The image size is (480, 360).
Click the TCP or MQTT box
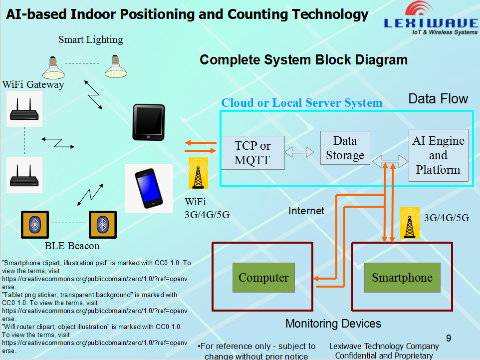253,153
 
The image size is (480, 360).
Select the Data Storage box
345,148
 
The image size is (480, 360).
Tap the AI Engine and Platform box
439,155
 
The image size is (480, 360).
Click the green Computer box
263,277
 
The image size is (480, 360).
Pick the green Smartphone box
402,277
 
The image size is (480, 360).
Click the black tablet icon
149,122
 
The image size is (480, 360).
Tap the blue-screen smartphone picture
149,188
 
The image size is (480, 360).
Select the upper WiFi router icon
24,109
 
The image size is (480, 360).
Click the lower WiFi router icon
24,175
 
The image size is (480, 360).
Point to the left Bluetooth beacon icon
35,225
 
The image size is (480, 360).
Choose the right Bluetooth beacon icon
103,225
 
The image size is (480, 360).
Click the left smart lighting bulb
53,67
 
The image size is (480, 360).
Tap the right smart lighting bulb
116,66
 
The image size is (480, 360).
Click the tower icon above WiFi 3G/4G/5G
198,173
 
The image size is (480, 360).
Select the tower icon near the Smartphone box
410,223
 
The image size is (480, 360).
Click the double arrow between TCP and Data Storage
299,152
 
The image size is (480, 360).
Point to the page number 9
449,338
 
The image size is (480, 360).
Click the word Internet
306,211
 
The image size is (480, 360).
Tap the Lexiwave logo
431,18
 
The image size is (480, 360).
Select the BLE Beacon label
72,246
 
